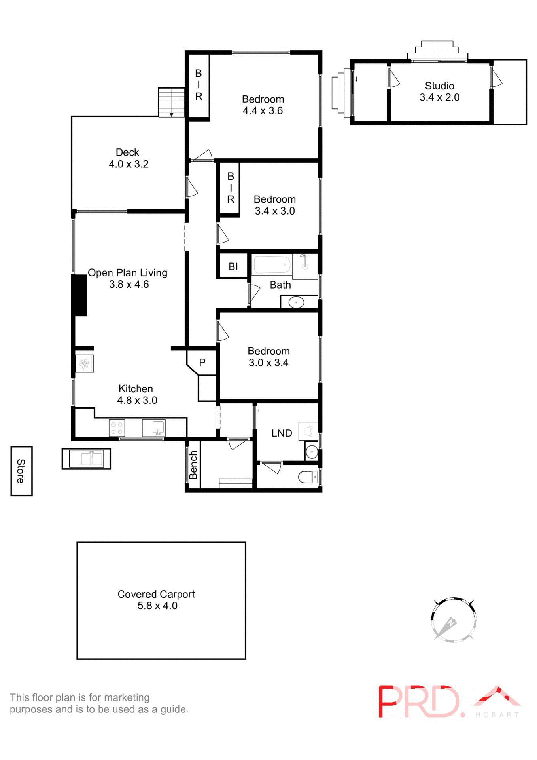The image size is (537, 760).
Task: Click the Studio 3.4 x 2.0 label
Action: click(439, 91)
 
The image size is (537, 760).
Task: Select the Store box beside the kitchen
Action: click(21, 471)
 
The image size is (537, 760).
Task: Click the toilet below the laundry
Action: click(308, 477)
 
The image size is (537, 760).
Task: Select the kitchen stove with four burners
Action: click(117, 428)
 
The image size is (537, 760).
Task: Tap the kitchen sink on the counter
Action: click(154, 428)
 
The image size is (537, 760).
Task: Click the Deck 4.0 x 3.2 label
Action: click(129, 158)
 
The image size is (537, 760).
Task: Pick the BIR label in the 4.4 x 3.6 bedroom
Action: click(199, 85)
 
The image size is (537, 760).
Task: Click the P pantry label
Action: click(202, 363)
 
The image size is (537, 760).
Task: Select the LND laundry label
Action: click(282, 433)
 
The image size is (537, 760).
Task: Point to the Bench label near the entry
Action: click(193, 465)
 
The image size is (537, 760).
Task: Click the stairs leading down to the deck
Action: click(172, 102)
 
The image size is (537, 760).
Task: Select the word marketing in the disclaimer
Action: click(127, 697)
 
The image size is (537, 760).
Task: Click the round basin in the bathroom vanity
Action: click(296, 303)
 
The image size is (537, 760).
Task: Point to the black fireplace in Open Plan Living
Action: click(80, 295)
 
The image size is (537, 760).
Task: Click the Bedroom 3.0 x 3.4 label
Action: click(268, 357)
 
